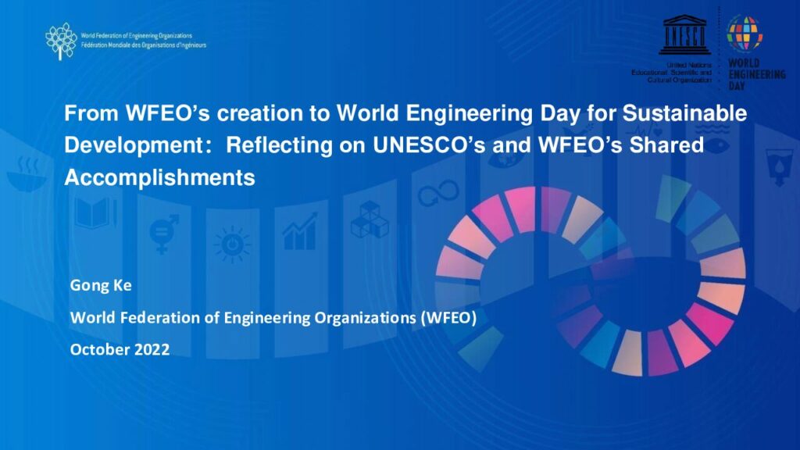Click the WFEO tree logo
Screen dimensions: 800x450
point(61,41)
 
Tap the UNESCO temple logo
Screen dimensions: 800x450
point(684,34)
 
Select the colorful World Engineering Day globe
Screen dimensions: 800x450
point(745,34)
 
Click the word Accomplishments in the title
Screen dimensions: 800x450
point(159,177)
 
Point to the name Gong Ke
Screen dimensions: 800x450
point(101,284)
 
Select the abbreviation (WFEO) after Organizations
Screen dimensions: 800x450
point(448,317)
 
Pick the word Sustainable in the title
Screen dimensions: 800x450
point(684,112)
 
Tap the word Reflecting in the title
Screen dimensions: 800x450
point(279,146)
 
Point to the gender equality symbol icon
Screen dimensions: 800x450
point(164,234)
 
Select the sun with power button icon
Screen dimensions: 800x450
point(233,245)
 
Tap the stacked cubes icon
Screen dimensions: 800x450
point(370,220)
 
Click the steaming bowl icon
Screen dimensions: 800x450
point(27,174)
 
